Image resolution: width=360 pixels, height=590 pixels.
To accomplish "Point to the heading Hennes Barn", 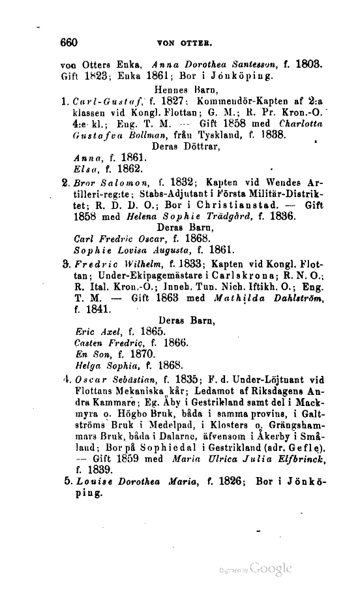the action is point(182,89).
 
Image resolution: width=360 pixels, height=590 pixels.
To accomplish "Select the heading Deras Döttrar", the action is point(187,147).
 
